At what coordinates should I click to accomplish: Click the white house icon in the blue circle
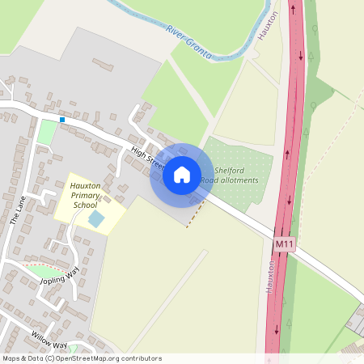[x=181, y=174]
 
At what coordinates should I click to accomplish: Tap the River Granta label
[x=189, y=43]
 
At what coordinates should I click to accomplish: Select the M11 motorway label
[x=283, y=243]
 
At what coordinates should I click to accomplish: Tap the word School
[x=85, y=205]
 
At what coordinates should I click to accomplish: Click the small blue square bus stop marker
[x=62, y=120]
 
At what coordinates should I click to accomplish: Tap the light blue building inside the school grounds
[x=95, y=219]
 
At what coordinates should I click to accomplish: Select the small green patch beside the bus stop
[x=47, y=133]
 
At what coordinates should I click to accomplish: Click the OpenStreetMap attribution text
[x=81, y=358]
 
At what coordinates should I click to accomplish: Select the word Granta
[x=199, y=49]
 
